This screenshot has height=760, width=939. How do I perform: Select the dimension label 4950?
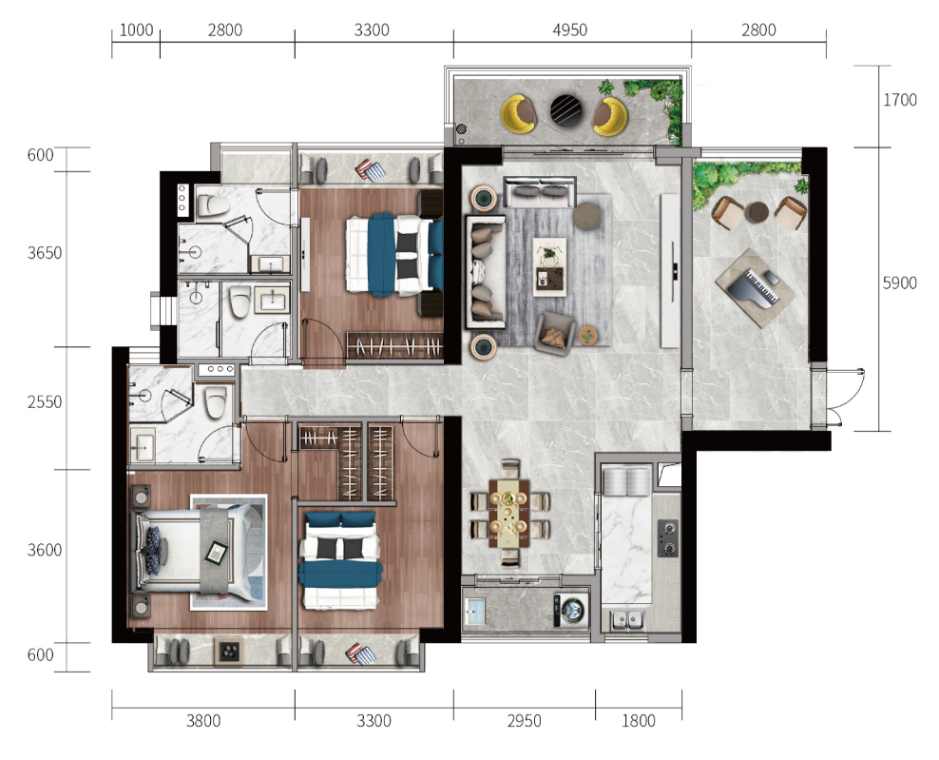coord(569,30)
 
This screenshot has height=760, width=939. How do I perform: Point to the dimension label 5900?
coord(899,283)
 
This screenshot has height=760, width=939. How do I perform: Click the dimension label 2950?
coord(524,720)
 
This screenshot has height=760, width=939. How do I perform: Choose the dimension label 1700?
coord(899,100)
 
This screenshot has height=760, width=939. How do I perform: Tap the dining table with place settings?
coord(509,513)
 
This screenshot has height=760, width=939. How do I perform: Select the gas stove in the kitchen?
coord(668,538)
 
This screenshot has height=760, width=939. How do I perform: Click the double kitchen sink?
coord(627,620)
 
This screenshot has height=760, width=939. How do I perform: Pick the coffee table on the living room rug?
coord(549,266)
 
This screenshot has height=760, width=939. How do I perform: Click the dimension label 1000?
coord(136,30)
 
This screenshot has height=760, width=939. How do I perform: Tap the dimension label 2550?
coord(45,402)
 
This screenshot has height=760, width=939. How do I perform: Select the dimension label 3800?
coord(203,720)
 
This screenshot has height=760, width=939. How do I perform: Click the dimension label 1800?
coord(639,720)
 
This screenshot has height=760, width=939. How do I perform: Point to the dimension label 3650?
coord(45,253)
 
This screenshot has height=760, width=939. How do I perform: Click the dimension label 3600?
coord(45,550)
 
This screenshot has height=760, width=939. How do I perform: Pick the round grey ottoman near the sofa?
coord(587,216)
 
